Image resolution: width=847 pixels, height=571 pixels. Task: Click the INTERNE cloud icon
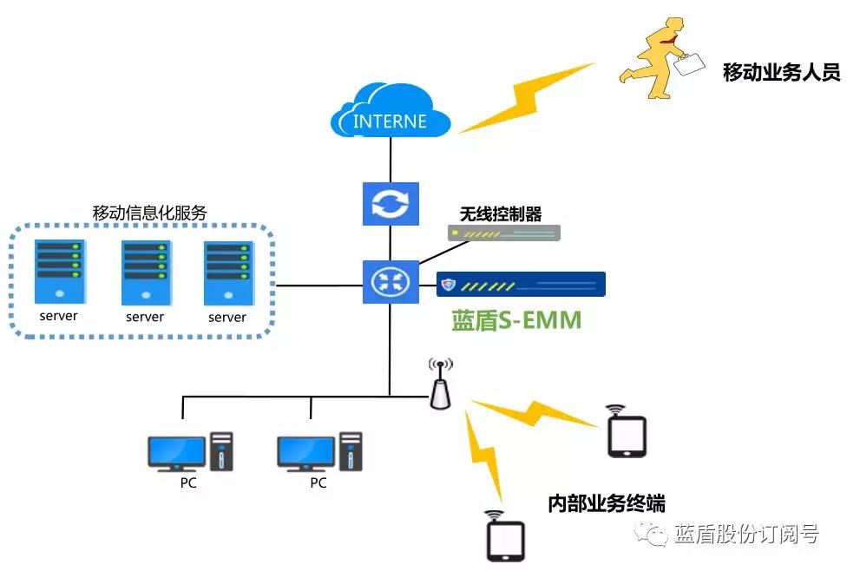point(391,110)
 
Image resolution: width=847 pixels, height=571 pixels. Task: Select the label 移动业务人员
point(781,72)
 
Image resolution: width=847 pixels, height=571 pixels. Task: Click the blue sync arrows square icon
point(390,204)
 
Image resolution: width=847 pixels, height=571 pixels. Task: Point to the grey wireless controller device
point(504,233)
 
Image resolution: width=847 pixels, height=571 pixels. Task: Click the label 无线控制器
point(500,213)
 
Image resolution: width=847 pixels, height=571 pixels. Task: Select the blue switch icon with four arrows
point(390,281)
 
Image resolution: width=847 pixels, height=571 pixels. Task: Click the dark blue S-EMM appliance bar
point(521,284)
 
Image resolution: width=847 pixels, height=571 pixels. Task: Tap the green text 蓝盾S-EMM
point(515,321)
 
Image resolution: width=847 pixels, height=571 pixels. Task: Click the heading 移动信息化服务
point(149,213)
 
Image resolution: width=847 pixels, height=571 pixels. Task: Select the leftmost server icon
point(59,272)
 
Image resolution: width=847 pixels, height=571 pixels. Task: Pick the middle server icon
point(145,272)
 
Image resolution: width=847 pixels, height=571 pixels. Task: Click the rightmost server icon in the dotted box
point(227,272)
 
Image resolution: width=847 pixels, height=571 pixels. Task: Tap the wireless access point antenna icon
point(441,384)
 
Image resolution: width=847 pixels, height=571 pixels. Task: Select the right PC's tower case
point(351,451)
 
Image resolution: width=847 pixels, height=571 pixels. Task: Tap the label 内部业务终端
point(607,502)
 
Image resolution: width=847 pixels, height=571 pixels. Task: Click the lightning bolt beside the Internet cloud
point(526,96)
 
